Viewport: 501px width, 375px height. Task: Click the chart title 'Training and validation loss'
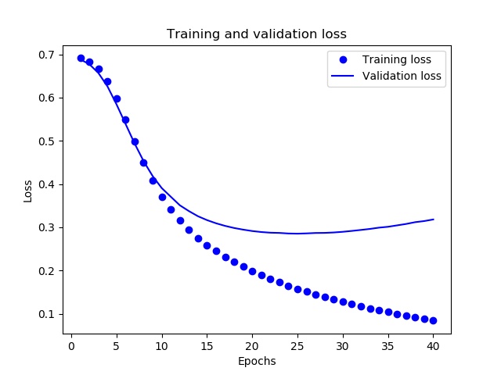tap(257, 34)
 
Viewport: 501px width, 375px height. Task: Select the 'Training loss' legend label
tap(397, 59)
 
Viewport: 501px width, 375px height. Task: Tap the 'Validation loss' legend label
tap(402, 76)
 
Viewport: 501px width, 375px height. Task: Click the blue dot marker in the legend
tap(343, 59)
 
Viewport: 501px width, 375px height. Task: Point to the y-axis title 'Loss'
tap(28, 191)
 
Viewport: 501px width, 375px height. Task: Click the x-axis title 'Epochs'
tap(257, 361)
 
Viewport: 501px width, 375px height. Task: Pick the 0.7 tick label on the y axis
tap(47, 55)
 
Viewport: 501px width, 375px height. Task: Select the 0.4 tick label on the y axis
tap(47, 184)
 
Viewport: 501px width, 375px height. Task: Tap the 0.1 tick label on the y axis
tap(47, 314)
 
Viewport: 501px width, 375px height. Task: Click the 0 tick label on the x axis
tap(71, 346)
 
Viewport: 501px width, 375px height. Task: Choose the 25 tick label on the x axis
tap(297, 346)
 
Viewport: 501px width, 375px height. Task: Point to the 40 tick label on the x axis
tap(433, 346)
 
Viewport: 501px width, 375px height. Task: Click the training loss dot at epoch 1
tap(81, 59)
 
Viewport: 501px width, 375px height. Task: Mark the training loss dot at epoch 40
tap(433, 320)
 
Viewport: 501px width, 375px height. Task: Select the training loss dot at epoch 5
tap(117, 99)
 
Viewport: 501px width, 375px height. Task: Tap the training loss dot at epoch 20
tap(252, 271)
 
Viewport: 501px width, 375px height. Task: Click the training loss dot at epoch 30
tap(343, 302)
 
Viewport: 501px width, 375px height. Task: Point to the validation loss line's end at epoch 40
tap(434, 219)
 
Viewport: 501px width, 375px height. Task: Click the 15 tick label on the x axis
tap(207, 346)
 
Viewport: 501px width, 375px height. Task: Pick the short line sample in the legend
tap(343, 76)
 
